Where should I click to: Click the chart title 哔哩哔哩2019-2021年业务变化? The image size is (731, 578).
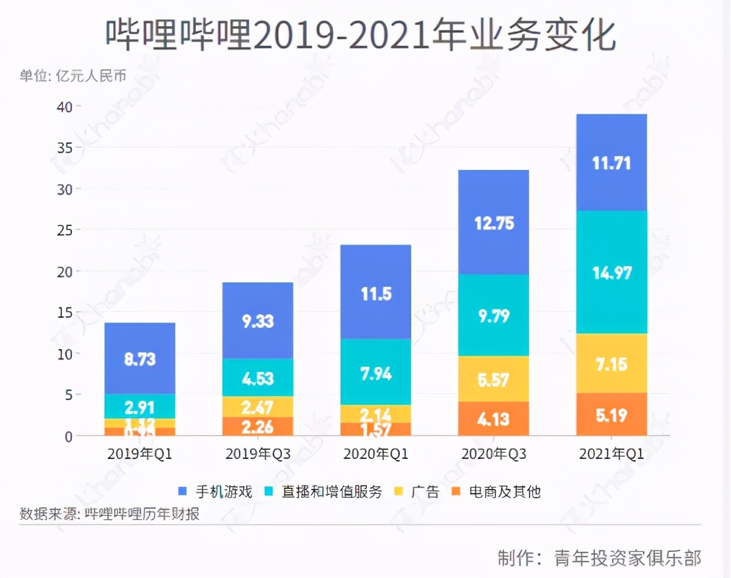click(361, 36)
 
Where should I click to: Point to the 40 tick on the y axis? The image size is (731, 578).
click(64, 107)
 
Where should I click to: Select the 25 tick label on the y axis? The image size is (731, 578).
click(64, 230)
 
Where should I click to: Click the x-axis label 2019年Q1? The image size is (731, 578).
click(140, 454)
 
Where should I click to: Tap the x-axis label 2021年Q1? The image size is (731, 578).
click(611, 454)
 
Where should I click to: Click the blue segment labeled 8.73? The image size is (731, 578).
click(140, 358)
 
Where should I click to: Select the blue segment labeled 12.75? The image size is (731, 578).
click(493, 223)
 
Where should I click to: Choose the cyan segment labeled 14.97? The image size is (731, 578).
click(611, 273)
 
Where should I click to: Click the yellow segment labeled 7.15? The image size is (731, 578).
click(611, 364)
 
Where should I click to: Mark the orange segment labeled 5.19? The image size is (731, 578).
click(611, 414)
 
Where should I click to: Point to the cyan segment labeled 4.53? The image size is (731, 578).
click(257, 377)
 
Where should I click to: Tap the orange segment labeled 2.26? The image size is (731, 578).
click(257, 427)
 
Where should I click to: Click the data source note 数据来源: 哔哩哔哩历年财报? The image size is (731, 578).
click(110, 514)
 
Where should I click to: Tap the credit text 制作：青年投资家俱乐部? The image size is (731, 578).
click(599, 557)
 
